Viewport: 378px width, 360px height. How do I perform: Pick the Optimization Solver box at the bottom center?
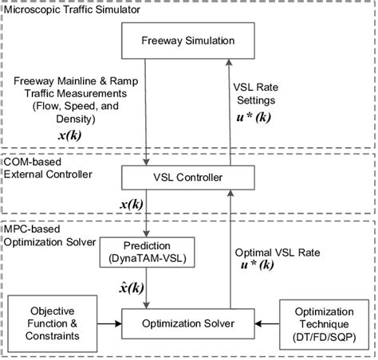(x=190, y=324)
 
